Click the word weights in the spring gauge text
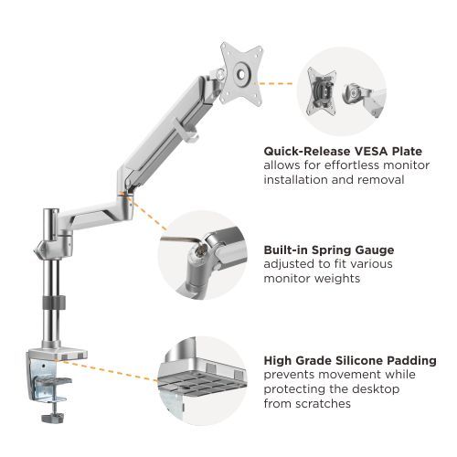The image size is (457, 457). tap(347, 278)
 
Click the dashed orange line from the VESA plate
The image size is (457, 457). tap(279, 83)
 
